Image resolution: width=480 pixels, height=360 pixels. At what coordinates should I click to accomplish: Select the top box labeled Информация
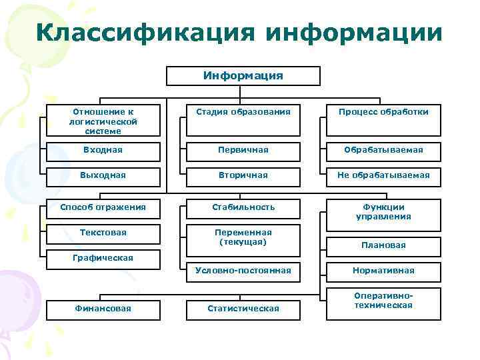tap(243, 76)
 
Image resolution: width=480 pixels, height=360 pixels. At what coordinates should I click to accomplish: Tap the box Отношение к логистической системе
tap(103, 121)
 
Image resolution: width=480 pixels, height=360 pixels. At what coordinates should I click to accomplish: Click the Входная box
tap(103, 150)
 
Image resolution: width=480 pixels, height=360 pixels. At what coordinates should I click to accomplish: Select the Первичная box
tap(242, 150)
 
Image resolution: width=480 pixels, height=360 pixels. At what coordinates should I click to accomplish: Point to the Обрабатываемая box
tap(383, 150)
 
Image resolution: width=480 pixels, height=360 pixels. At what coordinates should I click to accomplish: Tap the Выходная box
tap(103, 175)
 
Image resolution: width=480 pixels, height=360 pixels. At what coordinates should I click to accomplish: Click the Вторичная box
tap(242, 175)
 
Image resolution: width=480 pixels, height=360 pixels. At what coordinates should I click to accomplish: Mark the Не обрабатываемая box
tap(383, 175)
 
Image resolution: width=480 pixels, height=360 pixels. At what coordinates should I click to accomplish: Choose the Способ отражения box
tap(103, 207)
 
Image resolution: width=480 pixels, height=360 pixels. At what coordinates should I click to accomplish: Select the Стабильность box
tap(242, 207)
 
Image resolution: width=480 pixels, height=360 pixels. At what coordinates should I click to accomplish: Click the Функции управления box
tap(383, 211)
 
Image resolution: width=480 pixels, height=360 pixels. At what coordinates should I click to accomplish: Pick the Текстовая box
tap(103, 233)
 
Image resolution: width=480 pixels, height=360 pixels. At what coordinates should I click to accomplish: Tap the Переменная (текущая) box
tap(242, 237)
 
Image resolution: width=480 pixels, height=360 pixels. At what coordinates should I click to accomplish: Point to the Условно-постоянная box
tap(242, 271)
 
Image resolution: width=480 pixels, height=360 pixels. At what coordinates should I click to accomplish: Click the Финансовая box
tap(103, 308)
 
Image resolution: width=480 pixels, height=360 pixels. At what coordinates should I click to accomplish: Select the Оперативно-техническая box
tap(383, 301)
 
